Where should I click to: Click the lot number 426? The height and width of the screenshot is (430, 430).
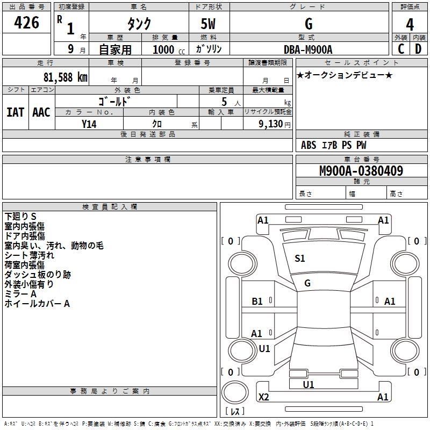pos(27,23)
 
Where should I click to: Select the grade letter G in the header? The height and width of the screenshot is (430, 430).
pos(309,24)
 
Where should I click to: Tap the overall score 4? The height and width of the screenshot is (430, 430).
pos(410,25)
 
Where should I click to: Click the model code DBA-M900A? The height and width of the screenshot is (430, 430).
pos(308,49)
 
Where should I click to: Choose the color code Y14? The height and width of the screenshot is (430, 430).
pos(89,124)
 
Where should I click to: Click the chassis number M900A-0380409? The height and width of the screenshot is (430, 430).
pos(361,171)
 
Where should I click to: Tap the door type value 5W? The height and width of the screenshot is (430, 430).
pos(209,25)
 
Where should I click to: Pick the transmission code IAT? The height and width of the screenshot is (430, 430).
pos(15,112)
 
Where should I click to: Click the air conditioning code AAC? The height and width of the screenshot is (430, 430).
pos(41,112)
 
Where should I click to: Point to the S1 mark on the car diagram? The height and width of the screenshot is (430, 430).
pos(300,259)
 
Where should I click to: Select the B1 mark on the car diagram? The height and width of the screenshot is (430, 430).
pos(257,302)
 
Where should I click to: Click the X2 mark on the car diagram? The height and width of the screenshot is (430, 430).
pos(264,397)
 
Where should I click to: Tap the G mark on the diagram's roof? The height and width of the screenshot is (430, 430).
pos(307,283)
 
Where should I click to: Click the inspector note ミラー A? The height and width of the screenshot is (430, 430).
pos(20,294)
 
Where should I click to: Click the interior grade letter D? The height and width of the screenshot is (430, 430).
pos(418,49)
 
